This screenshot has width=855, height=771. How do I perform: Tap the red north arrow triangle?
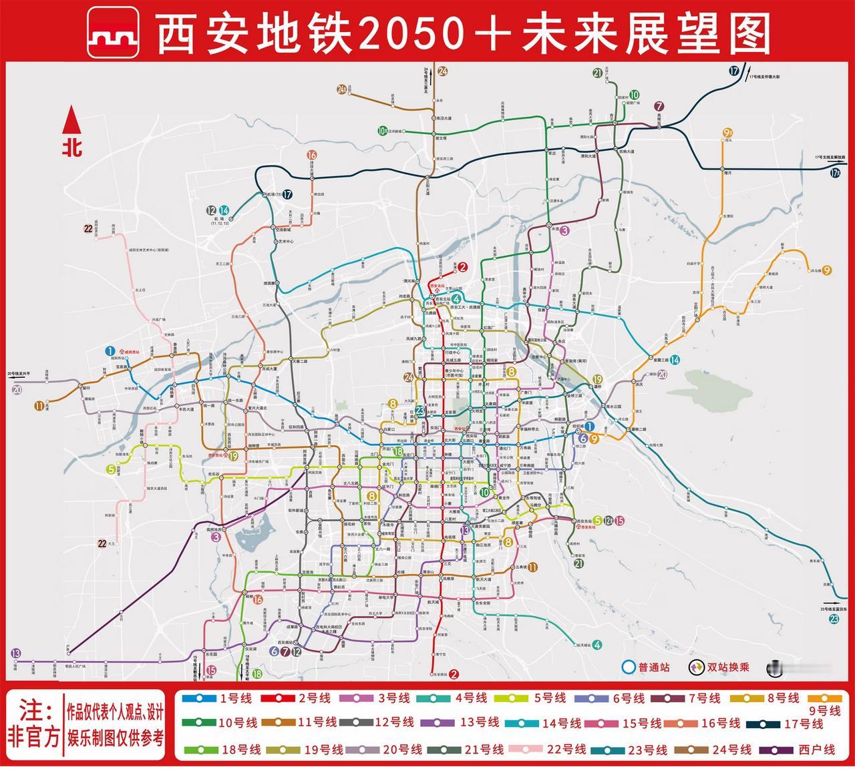pos(71,121)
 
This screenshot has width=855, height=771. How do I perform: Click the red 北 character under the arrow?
pos(72,147)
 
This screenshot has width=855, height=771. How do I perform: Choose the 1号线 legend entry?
pos(214,699)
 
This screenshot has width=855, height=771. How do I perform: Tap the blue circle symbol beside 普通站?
pos(627,666)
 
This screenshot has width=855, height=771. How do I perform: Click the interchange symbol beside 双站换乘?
pos(695,666)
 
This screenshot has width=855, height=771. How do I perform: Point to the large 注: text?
pos(35,708)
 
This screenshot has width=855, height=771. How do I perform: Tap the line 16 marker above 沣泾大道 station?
pos(311,155)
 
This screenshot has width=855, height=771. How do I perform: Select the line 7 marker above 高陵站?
pos(659,105)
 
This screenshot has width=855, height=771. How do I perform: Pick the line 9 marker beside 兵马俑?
pos(827,270)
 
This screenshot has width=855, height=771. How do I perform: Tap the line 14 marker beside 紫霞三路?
pos(675,360)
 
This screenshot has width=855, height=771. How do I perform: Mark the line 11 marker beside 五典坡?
pos(533,567)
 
